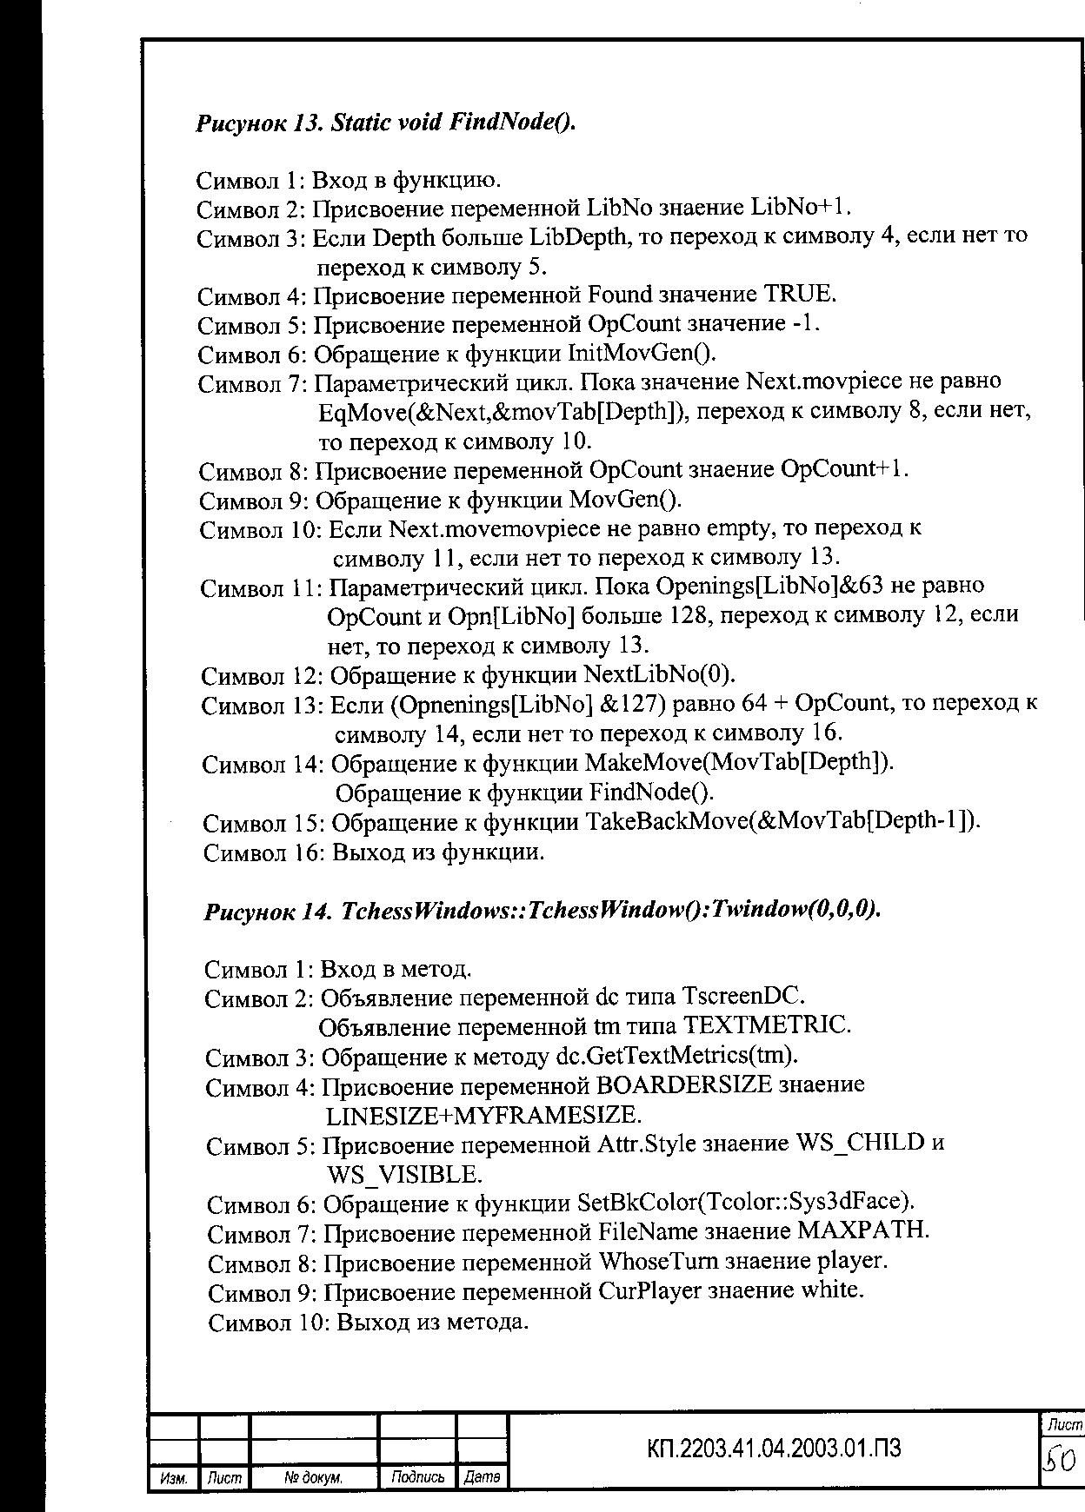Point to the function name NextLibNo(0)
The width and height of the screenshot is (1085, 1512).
tap(660, 674)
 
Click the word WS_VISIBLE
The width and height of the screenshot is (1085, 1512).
tap(403, 1175)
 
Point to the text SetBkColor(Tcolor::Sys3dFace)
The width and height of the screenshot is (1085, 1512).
tap(746, 1203)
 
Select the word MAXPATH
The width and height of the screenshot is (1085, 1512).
tap(862, 1231)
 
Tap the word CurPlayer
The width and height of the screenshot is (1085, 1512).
tap(649, 1291)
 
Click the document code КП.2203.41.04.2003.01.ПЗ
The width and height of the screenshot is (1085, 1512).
tap(774, 1449)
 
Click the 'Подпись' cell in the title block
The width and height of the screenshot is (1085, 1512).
tap(418, 1477)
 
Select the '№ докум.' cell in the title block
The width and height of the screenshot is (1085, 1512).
tap(314, 1477)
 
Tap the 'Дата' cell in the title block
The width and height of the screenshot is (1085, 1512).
tap(482, 1477)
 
